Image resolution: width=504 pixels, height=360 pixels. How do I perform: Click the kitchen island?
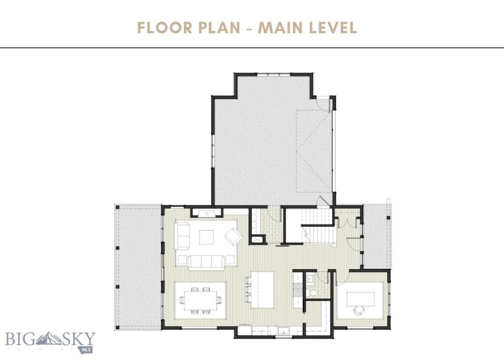pos(262,289)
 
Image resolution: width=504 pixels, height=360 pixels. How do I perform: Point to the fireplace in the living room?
pos(207,213)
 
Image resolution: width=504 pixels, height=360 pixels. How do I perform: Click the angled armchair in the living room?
pos(233,238)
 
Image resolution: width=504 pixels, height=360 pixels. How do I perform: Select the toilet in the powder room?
pos(314,292)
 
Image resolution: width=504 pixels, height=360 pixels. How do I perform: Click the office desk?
pos(362,298)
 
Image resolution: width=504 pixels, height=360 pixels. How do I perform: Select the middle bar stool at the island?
pos(247,289)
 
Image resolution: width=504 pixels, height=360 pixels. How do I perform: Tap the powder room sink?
pos(310,278)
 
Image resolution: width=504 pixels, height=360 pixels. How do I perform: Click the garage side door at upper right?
pos(323,104)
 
